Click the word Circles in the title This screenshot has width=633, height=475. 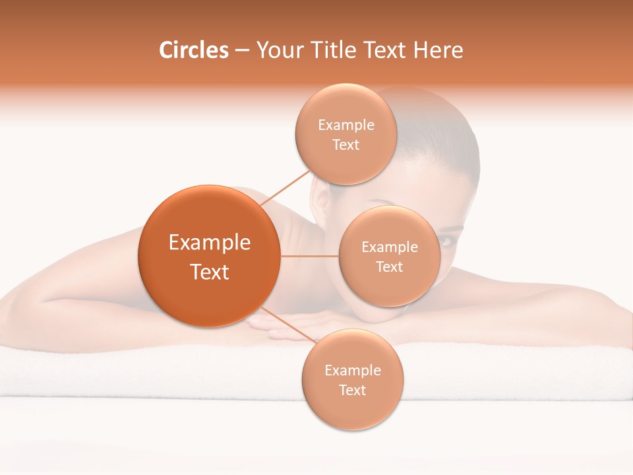(193, 50)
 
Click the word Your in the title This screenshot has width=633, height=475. (278, 50)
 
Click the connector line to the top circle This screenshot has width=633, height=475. (286, 188)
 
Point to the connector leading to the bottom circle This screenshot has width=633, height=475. (289, 325)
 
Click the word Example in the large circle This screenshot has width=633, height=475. (210, 243)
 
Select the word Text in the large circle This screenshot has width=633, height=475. (210, 272)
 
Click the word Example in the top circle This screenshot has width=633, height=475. (346, 125)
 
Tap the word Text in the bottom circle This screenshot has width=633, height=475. (352, 390)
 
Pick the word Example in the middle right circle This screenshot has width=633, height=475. (389, 247)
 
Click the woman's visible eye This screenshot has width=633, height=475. (446, 241)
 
